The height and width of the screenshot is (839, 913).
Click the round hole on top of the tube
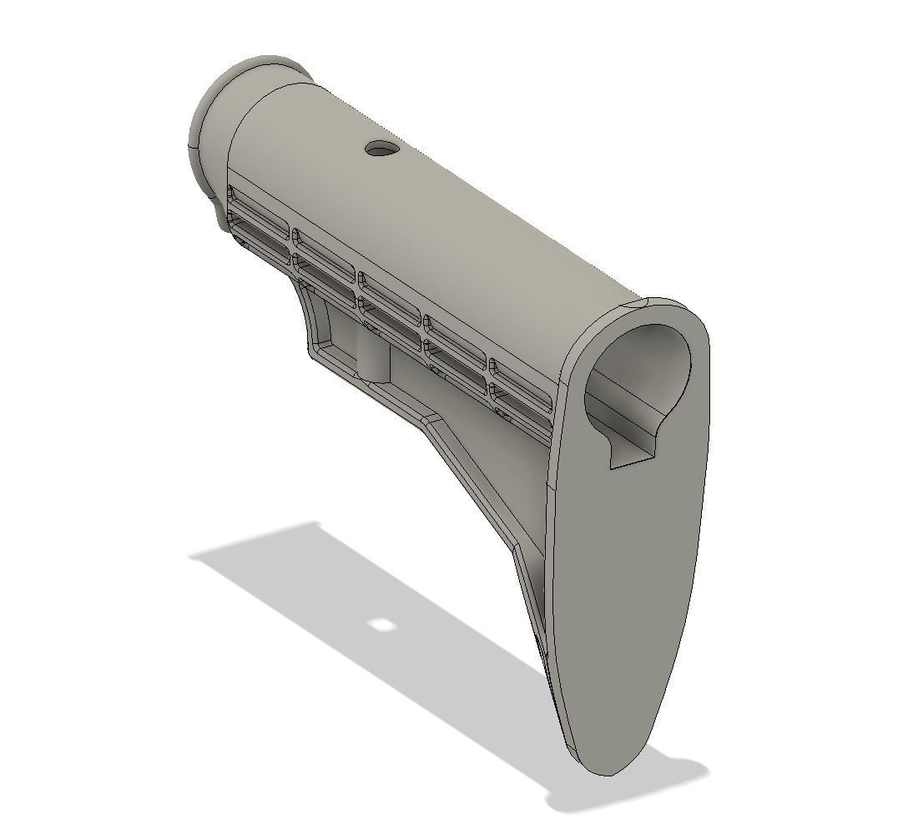click(382, 149)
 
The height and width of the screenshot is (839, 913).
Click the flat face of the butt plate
click(634, 584)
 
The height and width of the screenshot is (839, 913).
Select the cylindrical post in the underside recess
click(376, 355)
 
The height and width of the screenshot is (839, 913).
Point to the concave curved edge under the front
click(302, 313)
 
